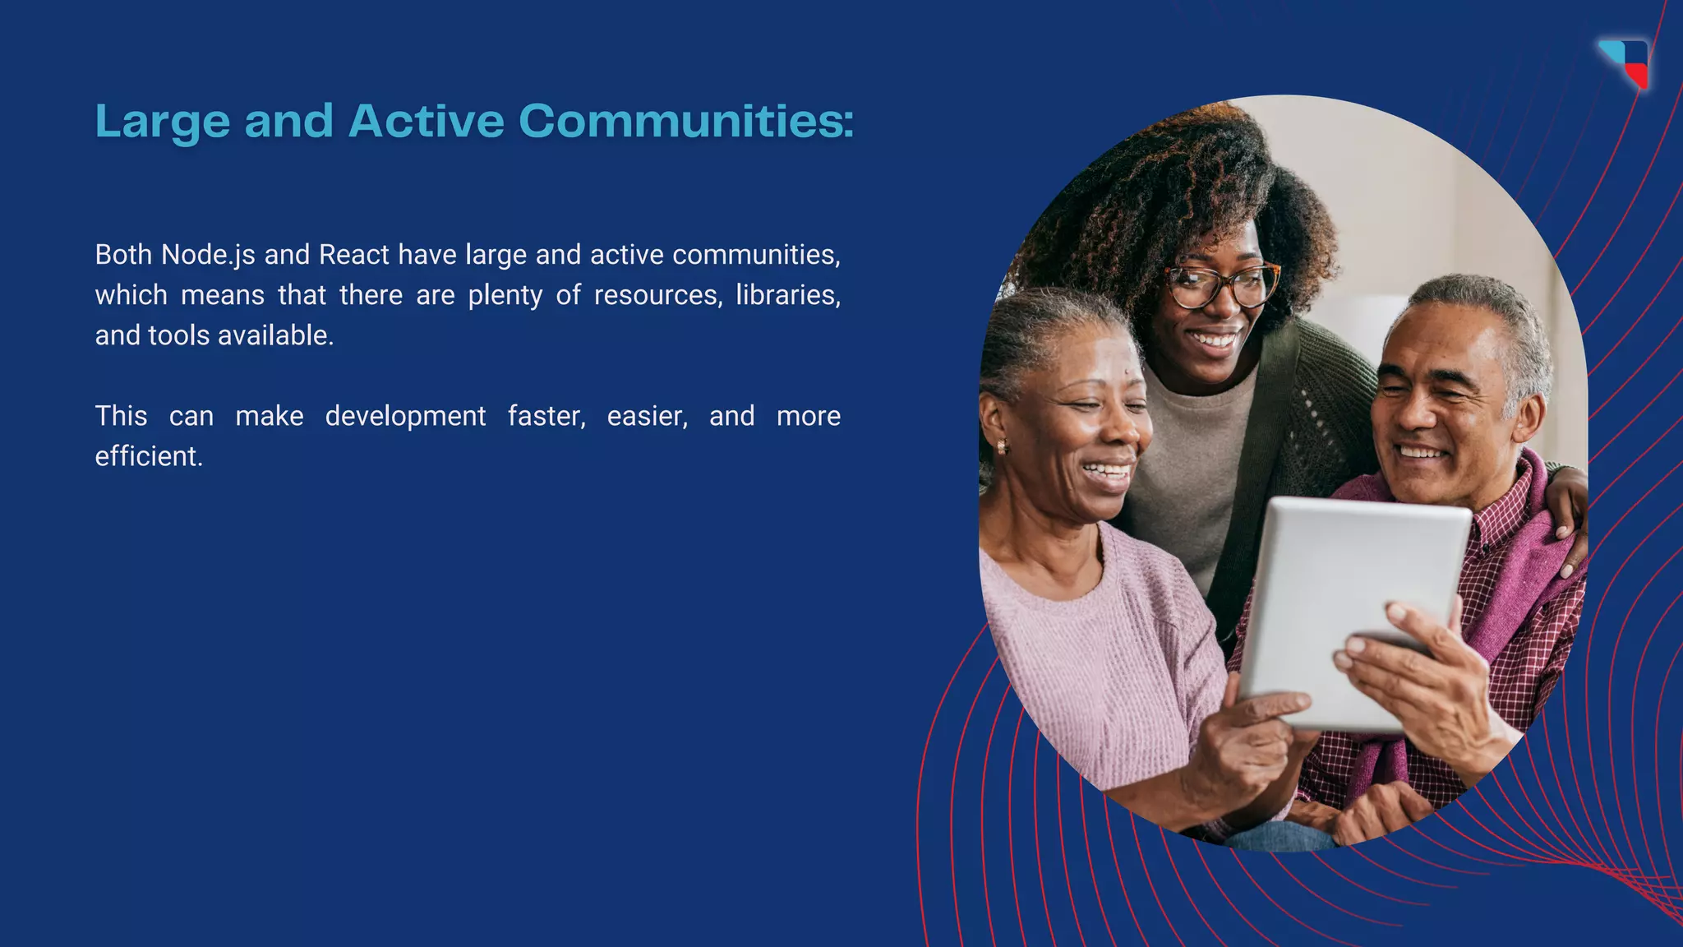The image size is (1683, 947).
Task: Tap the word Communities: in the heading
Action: [686, 121]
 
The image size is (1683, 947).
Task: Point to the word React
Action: [353, 255]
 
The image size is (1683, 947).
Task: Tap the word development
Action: [405, 416]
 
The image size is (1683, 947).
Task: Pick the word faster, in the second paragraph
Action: [546, 416]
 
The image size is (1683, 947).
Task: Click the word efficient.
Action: [149, 456]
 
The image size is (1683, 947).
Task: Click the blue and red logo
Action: [1625, 62]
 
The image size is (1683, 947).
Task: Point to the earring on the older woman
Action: [1002, 446]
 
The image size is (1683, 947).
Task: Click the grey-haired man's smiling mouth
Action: [1422, 452]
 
